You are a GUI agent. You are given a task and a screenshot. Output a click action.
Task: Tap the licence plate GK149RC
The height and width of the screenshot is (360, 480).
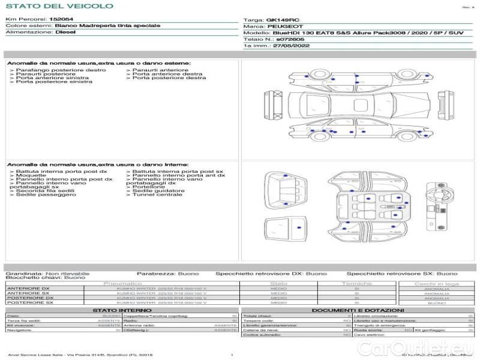(x=280, y=20)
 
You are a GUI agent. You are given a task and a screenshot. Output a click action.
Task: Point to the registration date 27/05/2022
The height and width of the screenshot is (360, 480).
(x=292, y=45)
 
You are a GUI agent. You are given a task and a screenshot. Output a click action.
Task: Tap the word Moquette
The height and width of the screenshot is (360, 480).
(x=31, y=175)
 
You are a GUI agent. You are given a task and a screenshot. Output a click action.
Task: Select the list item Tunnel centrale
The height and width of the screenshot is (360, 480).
(x=157, y=194)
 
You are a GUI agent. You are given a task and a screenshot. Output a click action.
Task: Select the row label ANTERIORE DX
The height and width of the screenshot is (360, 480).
(x=28, y=289)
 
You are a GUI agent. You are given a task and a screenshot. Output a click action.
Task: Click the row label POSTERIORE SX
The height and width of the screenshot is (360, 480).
(x=29, y=303)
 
